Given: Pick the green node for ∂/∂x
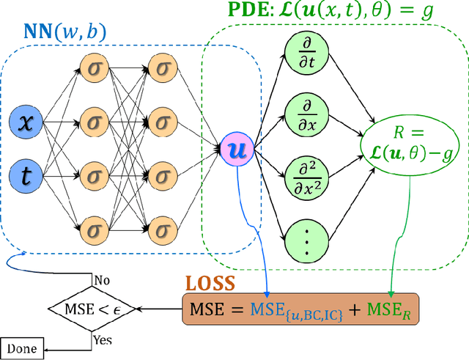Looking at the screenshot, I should click(305, 114).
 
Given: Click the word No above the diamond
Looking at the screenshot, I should click(102, 279).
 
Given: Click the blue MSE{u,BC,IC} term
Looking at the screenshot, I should click(287, 309).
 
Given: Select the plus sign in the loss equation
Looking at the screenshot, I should click(351, 309).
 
